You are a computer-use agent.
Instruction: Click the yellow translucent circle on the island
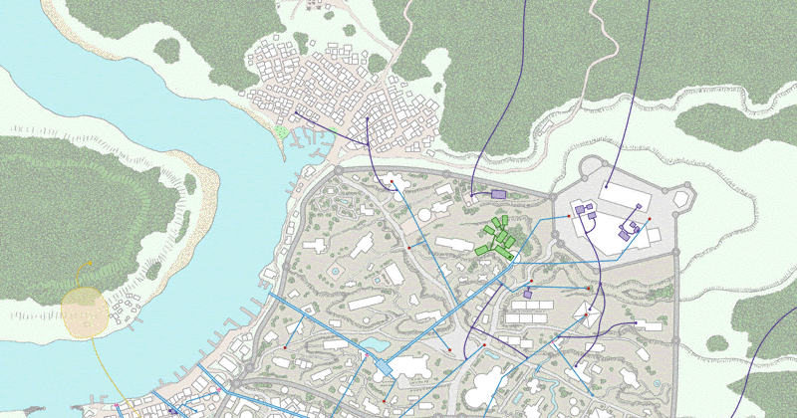[x=85, y=310]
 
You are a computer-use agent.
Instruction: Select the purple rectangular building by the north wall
[x=498, y=195]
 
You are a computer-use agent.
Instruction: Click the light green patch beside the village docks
[x=282, y=130]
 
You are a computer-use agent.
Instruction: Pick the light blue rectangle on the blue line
[x=383, y=367]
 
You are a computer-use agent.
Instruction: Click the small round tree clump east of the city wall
[x=717, y=343]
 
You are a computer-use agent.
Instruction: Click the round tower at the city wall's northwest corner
[x=338, y=171]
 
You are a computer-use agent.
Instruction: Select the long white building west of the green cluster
[x=454, y=245]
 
